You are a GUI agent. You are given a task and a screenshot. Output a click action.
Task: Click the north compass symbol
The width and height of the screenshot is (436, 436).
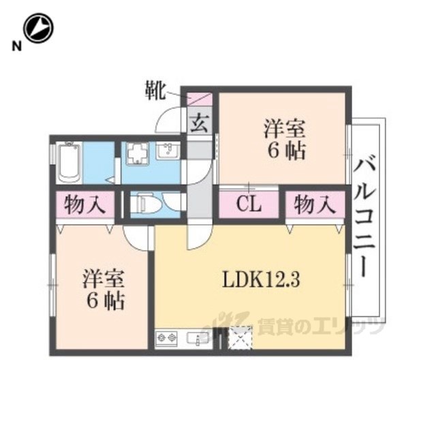pyautogui.click(x=38, y=28)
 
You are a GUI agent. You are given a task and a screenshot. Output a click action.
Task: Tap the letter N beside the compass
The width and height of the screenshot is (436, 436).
pyautogui.click(x=16, y=46)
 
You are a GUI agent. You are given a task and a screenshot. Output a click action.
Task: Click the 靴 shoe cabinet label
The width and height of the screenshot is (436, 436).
pyautogui.click(x=155, y=91)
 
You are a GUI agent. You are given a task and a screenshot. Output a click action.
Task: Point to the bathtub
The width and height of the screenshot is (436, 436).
pyautogui.click(x=69, y=163)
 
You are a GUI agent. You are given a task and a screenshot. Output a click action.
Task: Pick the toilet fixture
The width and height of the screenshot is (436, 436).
pyautogui.click(x=150, y=204)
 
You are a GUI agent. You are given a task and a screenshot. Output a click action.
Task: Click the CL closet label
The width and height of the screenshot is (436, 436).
pyautogui.click(x=249, y=204)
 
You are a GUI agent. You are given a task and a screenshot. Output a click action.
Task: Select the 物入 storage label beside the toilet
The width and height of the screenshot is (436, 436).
pyautogui.click(x=84, y=205)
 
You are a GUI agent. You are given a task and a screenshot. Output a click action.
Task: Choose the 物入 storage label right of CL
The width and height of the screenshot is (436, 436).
pyautogui.click(x=315, y=205)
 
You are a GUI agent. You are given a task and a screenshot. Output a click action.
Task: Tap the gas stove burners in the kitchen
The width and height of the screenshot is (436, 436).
pyautogui.click(x=167, y=338)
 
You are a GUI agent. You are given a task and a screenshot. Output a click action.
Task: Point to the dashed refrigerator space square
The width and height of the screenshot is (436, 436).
pyautogui.click(x=240, y=337)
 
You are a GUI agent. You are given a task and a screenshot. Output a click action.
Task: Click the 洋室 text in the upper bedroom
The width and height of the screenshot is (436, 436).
pyautogui.click(x=285, y=129)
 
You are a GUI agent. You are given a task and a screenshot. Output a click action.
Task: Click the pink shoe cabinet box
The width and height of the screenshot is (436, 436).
pyautogui.click(x=200, y=99)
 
